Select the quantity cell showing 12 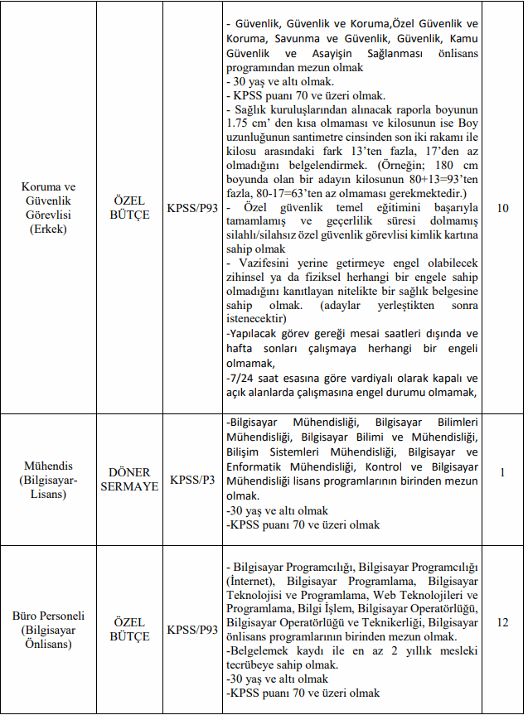point(502,621)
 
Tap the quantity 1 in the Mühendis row point(502,472)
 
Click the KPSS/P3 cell point(192,479)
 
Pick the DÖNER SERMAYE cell point(129,479)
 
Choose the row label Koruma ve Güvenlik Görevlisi point(48,207)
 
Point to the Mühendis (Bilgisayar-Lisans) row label point(48,479)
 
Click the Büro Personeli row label point(48,629)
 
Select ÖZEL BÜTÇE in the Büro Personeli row point(129,629)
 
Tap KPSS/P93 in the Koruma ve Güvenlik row point(192,207)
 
